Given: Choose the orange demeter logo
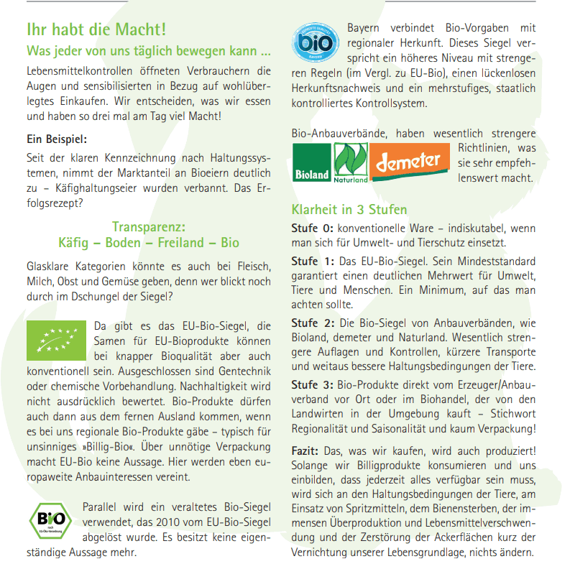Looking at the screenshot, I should click(x=408, y=162).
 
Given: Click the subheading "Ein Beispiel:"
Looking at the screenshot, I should click(x=56, y=139).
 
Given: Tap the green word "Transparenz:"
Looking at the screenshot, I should click(x=149, y=226).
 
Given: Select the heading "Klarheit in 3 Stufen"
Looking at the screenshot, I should click(x=349, y=210).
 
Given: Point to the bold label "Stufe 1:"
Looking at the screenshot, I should click(x=313, y=259).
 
